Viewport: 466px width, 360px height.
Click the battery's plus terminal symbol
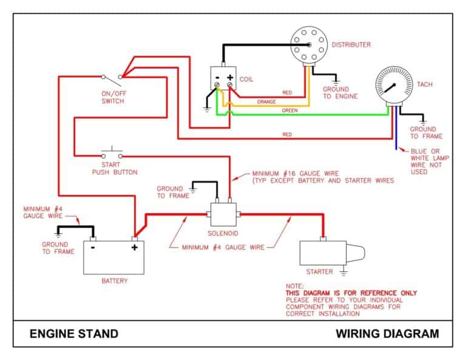point(134,247)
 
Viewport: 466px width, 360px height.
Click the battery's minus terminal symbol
point(92,247)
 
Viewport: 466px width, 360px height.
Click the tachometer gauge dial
point(394,86)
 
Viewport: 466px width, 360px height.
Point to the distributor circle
point(308,44)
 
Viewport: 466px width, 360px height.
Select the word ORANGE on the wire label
point(266,101)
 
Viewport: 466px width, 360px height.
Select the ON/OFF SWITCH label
point(113,97)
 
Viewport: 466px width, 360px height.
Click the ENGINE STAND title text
point(73,333)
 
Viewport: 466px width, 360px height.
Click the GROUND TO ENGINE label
point(340,93)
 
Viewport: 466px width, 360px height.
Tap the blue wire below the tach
point(396,137)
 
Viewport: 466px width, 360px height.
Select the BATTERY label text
point(114,281)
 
